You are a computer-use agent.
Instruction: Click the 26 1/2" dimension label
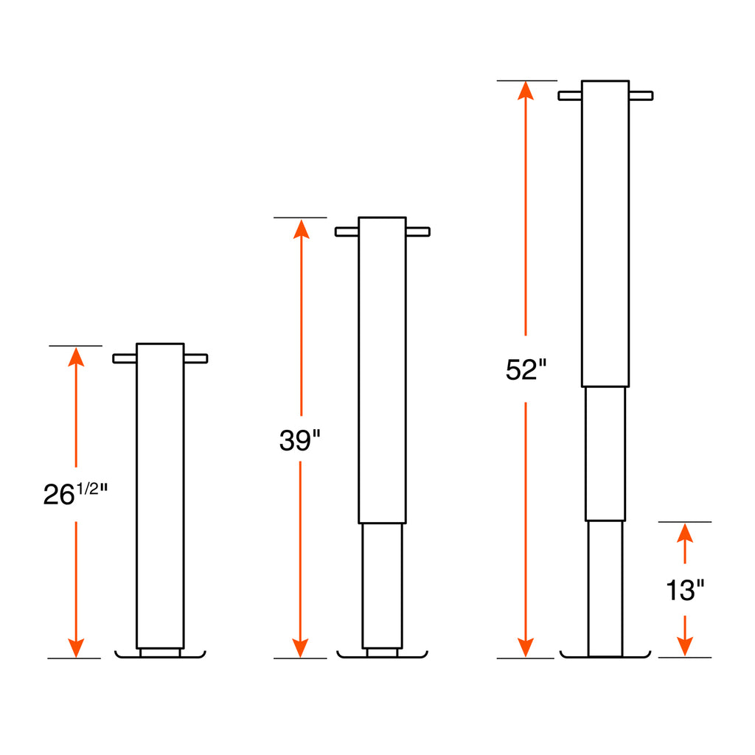[76, 493]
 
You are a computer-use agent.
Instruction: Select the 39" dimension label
[299, 439]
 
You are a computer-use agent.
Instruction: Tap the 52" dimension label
[526, 369]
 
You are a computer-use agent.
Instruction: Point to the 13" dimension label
[685, 590]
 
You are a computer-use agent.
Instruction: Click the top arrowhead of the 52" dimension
[525, 91]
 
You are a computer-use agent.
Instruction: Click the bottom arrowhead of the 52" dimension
[525, 647]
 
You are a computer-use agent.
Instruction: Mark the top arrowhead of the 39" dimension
[301, 229]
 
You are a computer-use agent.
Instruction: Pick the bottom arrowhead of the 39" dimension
[300, 647]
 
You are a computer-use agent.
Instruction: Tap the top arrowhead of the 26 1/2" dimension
[76, 357]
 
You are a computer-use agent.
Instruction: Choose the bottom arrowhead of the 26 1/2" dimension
[76, 647]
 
